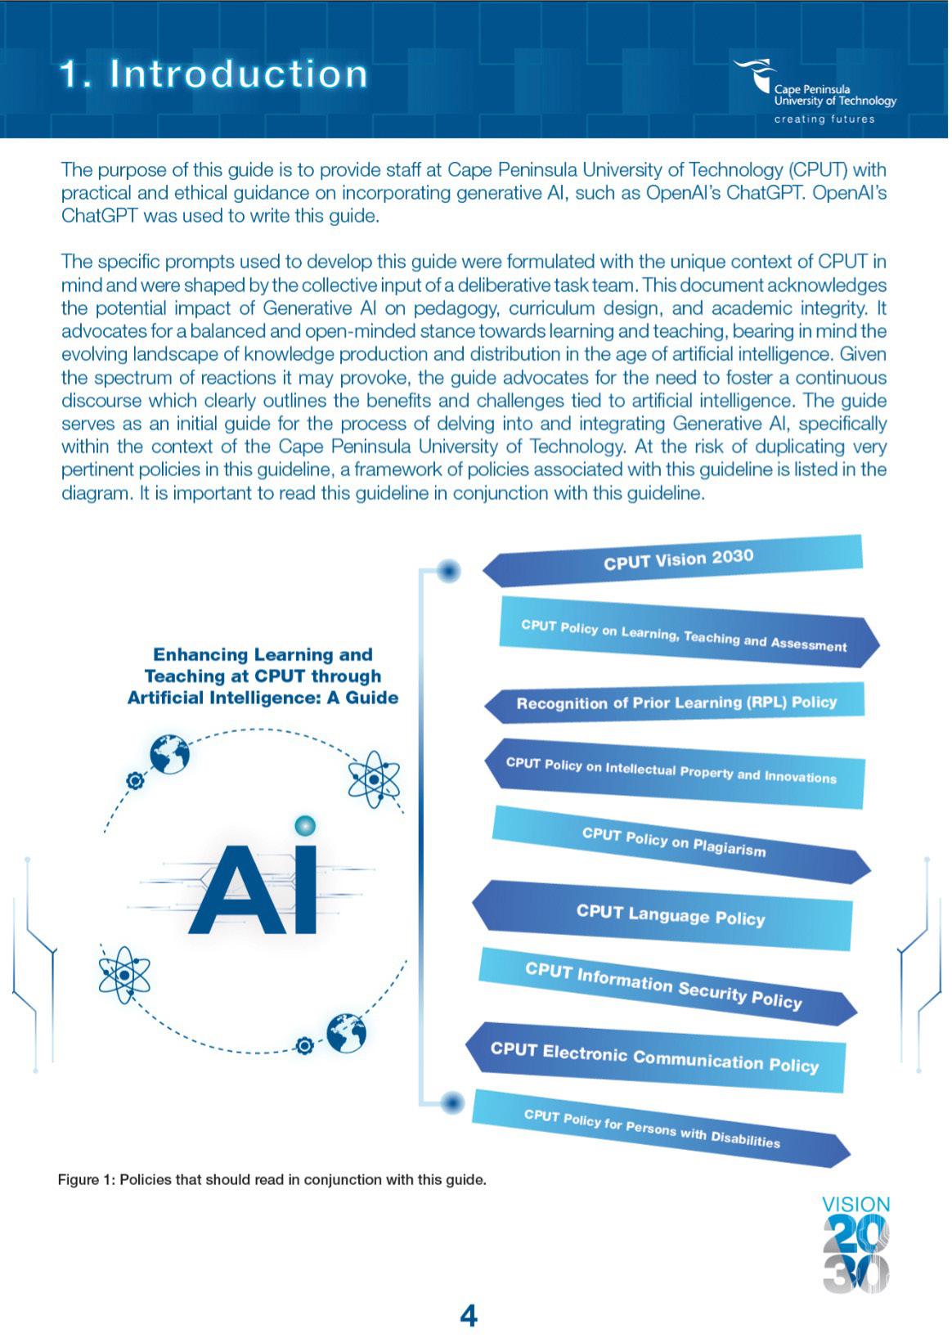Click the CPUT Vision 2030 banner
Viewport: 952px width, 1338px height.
pyautogui.click(x=677, y=560)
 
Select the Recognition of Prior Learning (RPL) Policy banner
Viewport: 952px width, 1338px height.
pyautogui.click(x=676, y=703)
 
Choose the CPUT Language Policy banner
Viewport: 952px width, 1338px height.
pyautogui.click(x=670, y=914)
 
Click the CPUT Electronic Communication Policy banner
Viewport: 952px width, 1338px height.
pyautogui.click(x=654, y=1057)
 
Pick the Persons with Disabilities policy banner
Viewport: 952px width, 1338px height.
pyautogui.click(x=652, y=1128)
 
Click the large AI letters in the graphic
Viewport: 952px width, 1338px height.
pyautogui.click(x=253, y=890)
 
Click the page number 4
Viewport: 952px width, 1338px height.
pyautogui.click(x=469, y=1316)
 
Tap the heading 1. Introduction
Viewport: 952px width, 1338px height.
pyautogui.click(x=214, y=74)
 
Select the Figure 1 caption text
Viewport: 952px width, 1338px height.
pyautogui.click(x=272, y=1180)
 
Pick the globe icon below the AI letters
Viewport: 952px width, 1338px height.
pyautogui.click(x=347, y=1033)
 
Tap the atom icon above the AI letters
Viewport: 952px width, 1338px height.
pyautogui.click(x=374, y=779)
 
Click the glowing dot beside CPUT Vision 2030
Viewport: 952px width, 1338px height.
pyautogui.click(x=448, y=571)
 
